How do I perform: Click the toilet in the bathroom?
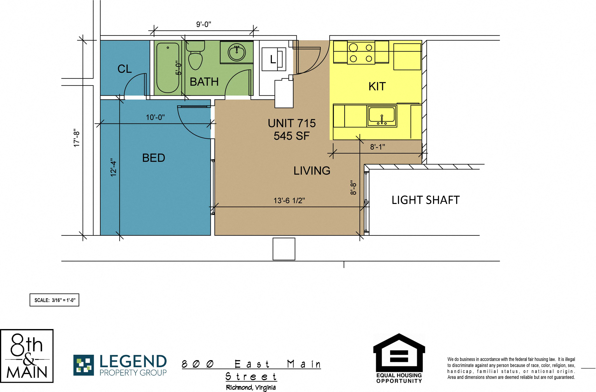pyautogui.click(x=195, y=55)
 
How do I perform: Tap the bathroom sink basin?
pyautogui.click(x=237, y=52)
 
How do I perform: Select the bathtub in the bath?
pyautogui.click(x=168, y=68)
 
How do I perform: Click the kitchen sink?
pyautogui.click(x=382, y=116)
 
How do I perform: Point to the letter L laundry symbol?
pyautogui.click(x=273, y=59)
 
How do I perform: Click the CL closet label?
pyautogui.click(x=124, y=69)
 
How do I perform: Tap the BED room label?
pyautogui.click(x=154, y=158)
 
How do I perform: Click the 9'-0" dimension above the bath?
pyautogui.click(x=204, y=24)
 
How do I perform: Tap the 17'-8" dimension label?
pyautogui.click(x=77, y=138)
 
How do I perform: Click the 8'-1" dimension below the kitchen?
pyautogui.click(x=378, y=147)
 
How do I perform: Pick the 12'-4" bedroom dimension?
pyautogui.click(x=114, y=167)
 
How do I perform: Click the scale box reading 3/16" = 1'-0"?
pyautogui.click(x=54, y=300)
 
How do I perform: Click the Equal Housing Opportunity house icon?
pyautogui.click(x=399, y=353)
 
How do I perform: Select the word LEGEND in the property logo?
pyautogui.click(x=133, y=361)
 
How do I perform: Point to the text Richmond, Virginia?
pyautogui.click(x=251, y=387)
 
